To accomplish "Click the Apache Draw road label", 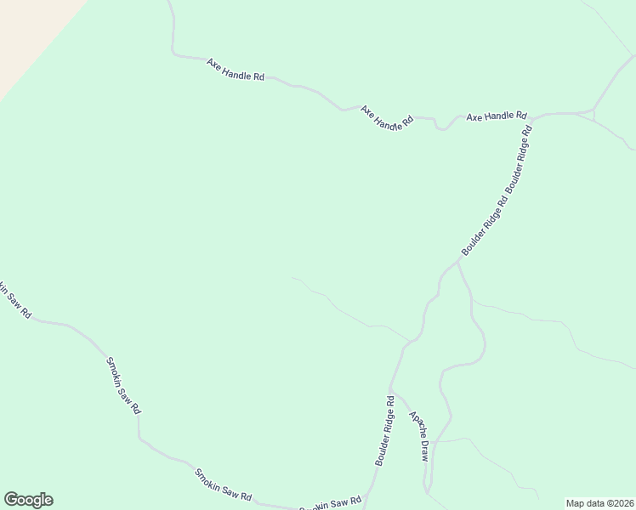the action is pos(418,436).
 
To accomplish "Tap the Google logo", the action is pos(28,500).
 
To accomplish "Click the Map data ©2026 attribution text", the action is pos(599,502).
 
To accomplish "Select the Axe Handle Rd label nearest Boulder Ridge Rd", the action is pos(497,116).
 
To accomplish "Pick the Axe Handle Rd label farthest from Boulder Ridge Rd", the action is pos(236,70).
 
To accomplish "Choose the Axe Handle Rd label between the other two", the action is pos(386,117).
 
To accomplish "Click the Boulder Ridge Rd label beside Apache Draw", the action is pos(384,430).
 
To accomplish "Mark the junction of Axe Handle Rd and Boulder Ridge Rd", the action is pos(535,116).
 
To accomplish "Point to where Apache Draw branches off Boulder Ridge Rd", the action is pos(392,393).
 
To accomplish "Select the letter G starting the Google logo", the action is pos(11,500).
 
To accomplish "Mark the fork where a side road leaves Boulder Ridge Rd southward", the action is pos(457,263).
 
